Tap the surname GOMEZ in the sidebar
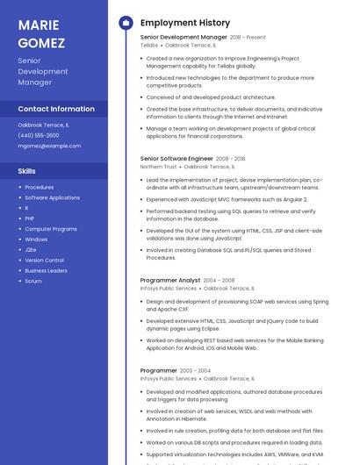(41, 42)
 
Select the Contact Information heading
(56, 109)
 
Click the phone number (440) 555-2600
(39, 135)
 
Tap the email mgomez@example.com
(49, 146)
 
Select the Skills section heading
(27, 171)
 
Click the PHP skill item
(29, 218)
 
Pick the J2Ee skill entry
(31, 249)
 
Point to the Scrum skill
(33, 281)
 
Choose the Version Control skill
(44, 260)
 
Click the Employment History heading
(185, 23)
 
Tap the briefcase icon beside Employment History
(126, 23)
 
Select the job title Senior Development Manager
(184, 38)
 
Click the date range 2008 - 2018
(230, 159)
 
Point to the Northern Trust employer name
(158, 167)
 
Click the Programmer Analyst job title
(170, 280)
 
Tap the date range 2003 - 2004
(195, 371)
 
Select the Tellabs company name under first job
(149, 45)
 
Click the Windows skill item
(36, 239)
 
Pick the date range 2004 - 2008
(219, 280)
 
